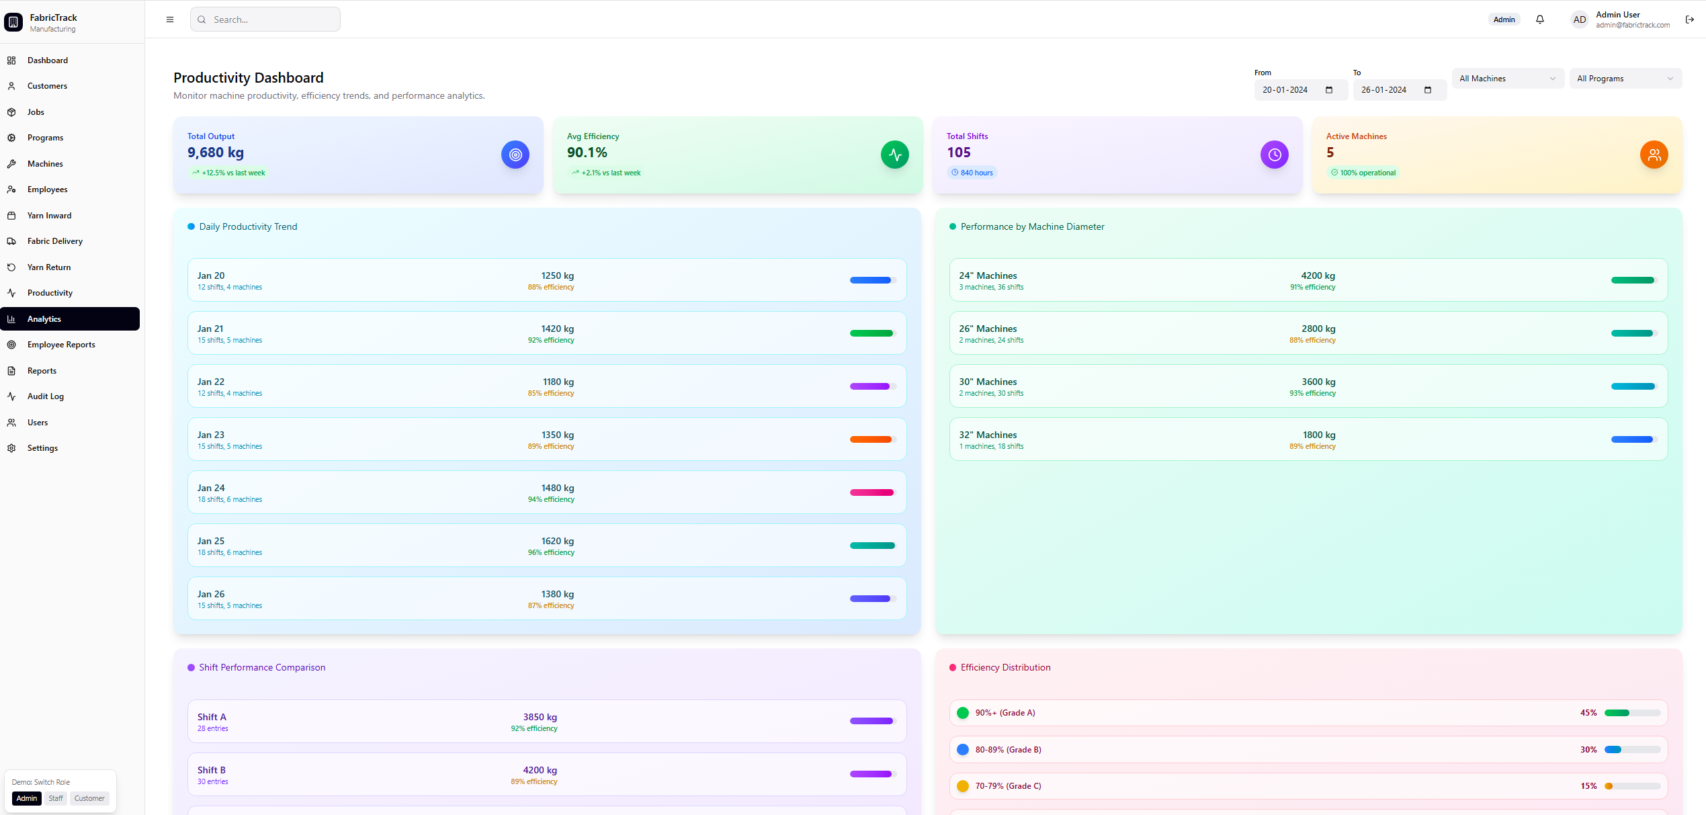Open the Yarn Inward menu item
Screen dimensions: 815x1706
coord(49,216)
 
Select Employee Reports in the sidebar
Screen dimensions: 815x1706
coord(61,345)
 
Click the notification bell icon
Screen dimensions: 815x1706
coord(1539,19)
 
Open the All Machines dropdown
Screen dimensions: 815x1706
coord(1507,79)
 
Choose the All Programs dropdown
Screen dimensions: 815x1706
coord(1625,79)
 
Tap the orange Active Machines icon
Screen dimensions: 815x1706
coord(1654,155)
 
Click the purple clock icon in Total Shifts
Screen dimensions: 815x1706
coord(1274,155)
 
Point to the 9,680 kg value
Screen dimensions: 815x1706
coord(216,153)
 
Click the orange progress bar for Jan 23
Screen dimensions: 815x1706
coord(871,439)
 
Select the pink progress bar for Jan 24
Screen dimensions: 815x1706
coord(871,492)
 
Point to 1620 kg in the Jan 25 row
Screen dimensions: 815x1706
coord(557,541)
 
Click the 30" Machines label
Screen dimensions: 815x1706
coord(987,382)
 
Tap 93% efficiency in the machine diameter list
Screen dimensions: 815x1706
coord(1312,394)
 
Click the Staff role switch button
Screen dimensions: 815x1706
coord(56,798)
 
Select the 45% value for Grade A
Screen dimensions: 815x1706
coord(1588,713)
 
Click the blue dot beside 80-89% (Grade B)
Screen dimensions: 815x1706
coord(962,750)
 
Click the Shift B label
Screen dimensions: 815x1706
coord(211,770)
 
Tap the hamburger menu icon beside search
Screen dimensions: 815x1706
coord(170,19)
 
